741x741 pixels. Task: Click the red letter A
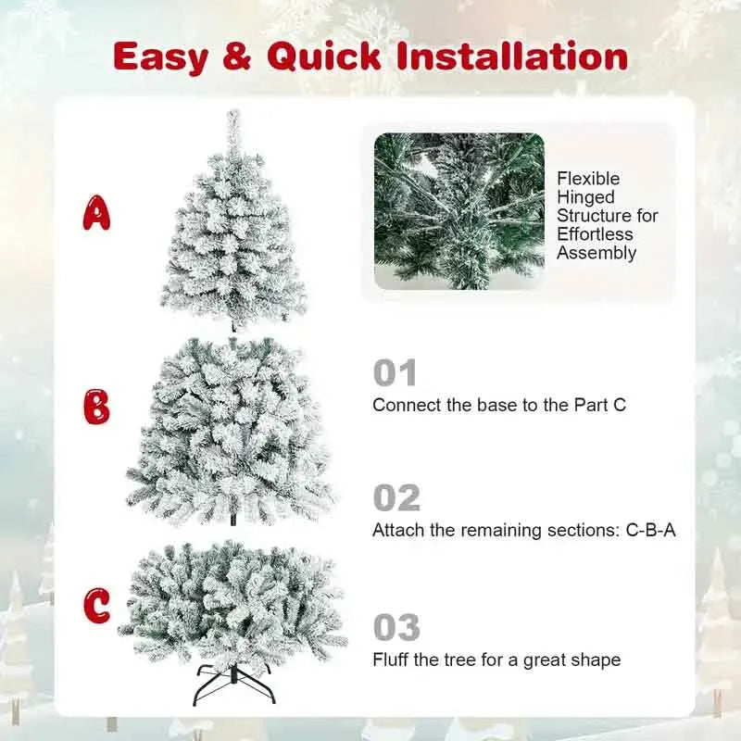[96, 212]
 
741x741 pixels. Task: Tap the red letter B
[96, 407]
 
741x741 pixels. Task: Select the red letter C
[96, 606]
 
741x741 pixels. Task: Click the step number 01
[396, 374]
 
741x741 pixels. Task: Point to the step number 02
[396, 498]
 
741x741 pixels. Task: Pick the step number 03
[396, 628]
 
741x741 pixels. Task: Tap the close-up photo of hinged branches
[458, 211]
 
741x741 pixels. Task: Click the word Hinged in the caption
[586, 197]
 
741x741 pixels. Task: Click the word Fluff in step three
[390, 660]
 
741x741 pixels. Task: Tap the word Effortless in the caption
[595, 234]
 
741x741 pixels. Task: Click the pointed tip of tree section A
[232, 116]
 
